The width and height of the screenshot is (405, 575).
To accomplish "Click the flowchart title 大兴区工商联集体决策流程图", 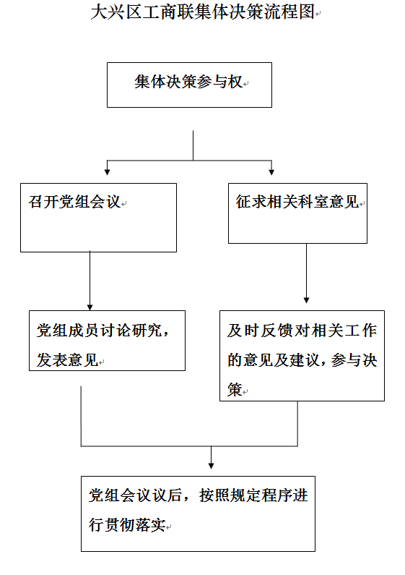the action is click(202, 12).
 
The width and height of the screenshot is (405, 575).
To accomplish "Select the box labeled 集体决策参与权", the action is click(189, 85).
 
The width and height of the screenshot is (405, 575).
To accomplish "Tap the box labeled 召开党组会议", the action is click(98, 218).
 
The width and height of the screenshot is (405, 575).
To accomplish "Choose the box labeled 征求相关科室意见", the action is click(297, 213).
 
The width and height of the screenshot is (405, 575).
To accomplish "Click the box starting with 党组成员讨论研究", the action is click(108, 341).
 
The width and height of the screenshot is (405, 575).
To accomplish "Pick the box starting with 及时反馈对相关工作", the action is click(302, 356).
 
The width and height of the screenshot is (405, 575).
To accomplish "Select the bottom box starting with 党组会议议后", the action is click(198, 514).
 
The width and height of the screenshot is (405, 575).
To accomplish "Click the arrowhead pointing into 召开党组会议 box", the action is click(108, 172).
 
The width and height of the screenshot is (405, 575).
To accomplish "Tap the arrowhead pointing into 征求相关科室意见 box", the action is click(271, 172).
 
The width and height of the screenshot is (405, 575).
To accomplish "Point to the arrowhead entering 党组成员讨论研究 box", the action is click(90, 307).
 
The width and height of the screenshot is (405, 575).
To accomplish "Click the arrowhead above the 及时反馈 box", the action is click(307, 300).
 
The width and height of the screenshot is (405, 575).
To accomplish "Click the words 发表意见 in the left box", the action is click(67, 360).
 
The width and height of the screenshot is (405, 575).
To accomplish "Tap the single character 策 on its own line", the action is click(235, 389).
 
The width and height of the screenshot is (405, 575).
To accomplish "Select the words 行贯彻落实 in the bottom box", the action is click(127, 525).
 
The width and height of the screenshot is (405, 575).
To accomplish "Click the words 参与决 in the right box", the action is click(354, 360).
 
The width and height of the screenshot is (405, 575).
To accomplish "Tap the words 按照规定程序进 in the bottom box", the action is click(253, 495).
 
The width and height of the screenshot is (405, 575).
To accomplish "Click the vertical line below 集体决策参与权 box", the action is click(193, 145).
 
